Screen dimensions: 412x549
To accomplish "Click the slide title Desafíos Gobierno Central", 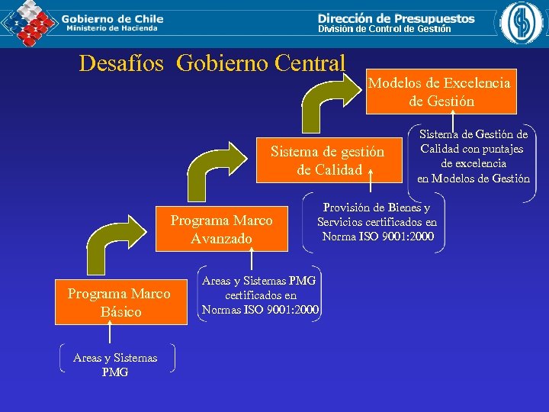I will coord(212,62).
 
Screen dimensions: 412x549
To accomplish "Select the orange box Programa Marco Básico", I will coord(120,303).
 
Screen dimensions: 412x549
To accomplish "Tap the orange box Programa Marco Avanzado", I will coord(221,230).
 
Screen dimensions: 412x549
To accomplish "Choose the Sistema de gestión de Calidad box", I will coord(328,161).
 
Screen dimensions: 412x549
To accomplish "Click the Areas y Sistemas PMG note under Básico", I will coord(115,365).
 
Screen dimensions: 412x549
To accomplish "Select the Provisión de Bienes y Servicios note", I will coord(377,222).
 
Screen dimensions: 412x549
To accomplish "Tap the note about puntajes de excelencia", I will coord(473,156).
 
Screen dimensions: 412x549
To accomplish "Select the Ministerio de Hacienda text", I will coord(112,28).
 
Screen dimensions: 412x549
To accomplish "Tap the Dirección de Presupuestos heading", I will coord(396,18).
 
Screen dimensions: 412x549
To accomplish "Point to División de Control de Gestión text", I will coord(384,29).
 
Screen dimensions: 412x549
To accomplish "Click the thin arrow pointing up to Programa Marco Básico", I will coord(111,333).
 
